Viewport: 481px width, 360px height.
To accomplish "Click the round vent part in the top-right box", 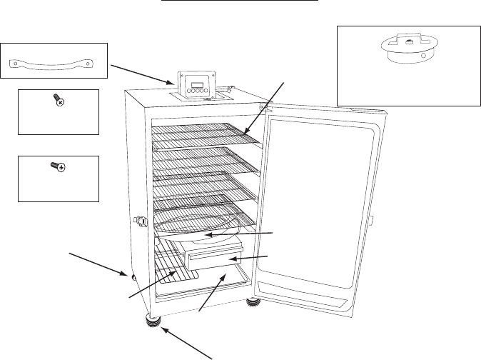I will point(406,49).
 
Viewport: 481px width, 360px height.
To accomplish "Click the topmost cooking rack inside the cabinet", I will point(203,135).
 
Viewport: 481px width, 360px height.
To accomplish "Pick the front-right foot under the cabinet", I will point(253,303).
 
